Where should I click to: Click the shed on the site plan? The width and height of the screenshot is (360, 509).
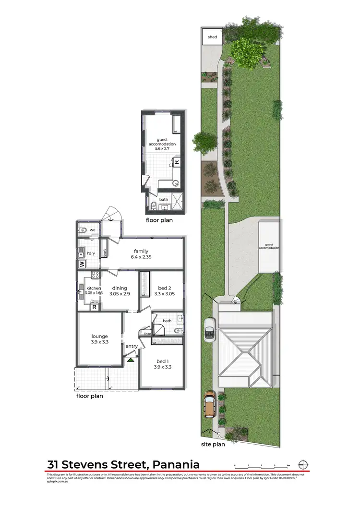tap(212, 37)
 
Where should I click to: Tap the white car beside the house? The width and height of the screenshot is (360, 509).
tap(210, 330)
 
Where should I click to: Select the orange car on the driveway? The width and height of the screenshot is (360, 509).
tap(210, 404)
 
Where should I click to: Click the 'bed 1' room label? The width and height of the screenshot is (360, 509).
tap(162, 361)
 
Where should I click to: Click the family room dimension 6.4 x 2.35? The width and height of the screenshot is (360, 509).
tap(141, 257)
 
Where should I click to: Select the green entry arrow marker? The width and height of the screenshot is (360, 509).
tap(131, 359)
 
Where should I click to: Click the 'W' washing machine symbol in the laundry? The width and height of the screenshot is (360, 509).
tap(82, 264)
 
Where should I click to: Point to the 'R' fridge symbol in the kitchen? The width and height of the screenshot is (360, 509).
tap(95, 307)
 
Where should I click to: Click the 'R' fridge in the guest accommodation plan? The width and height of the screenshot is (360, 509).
tap(176, 162)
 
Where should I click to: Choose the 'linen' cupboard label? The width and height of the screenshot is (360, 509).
tap(147, 334)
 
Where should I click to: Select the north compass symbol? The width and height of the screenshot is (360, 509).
tap(303, 464)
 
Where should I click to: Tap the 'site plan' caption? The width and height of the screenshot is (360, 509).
tap(213, 444)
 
